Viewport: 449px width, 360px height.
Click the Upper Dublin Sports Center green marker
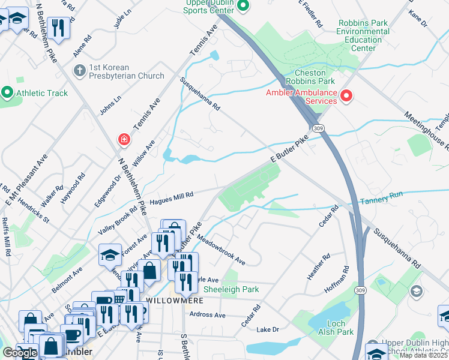[x=243, y=7]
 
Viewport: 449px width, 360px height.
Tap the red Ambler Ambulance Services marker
[x=346, y=96]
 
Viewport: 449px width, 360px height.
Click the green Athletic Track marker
[x=7, y=93]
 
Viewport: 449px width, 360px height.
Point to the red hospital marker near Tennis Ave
[x=124, y=140]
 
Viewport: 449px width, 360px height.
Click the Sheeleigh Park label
[x=231, y=289]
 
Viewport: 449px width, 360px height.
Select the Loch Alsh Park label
[x=336, y=328]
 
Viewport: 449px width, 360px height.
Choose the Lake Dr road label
[x=268, y=329]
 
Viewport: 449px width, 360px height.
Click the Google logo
[x=20, y=353]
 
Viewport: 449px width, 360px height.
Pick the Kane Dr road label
[x=417, y=21]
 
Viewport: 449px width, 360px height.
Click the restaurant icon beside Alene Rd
[x=58, y=27]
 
